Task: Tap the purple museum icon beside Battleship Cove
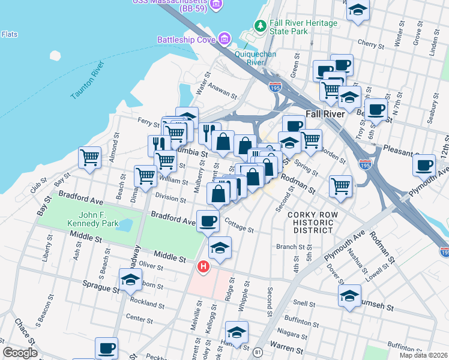[224, 40]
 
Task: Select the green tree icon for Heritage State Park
[260, 26]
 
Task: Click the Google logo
[19, 353]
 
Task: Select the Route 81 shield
[258, 352]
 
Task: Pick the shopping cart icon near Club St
[89, 158]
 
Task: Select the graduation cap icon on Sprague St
[130, 280]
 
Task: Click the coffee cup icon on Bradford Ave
[208, 221]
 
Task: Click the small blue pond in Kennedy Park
[125, 226]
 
